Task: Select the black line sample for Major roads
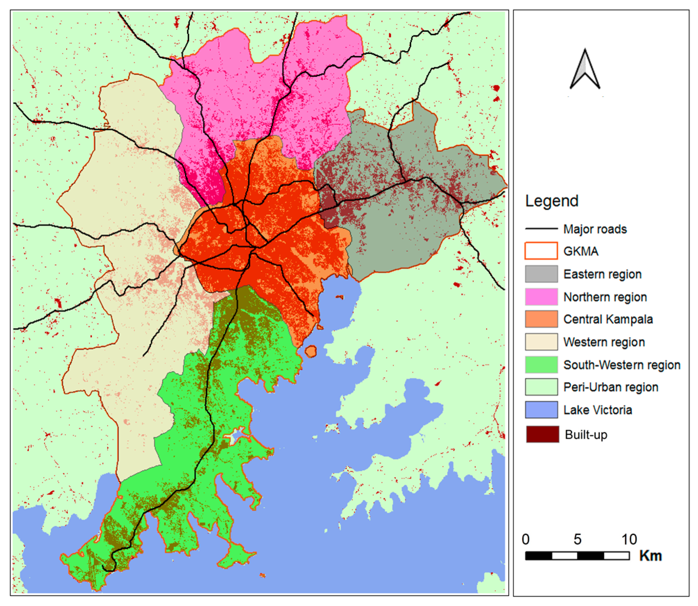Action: tap(541, 229)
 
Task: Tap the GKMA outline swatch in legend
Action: tap(541, 251)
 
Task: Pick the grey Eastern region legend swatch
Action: tap(541, 274)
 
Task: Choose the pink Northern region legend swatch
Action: tap(541, 297)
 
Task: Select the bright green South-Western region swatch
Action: tap(541, 364)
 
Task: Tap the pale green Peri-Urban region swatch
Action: tap(541, 387)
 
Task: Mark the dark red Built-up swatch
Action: tap(542, 434)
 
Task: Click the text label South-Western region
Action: tap(622, 365)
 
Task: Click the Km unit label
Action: tap(650, 556)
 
